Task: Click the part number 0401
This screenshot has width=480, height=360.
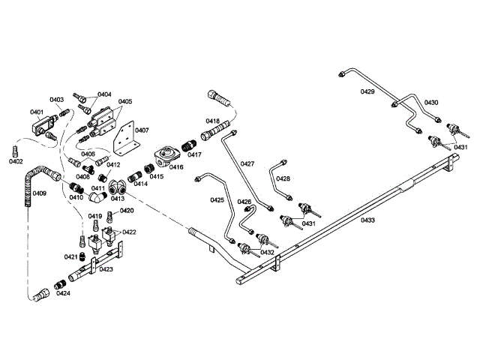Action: click(37, 112)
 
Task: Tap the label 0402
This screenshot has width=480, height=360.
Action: click(16, 161)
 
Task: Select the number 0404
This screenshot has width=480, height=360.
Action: click(104, 94)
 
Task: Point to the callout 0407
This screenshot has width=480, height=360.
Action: click(142, 130)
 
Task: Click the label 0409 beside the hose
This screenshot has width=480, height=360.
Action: click(39, 193)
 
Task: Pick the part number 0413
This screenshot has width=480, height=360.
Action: click(118, 199)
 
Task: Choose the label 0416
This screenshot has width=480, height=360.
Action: click(175, 167)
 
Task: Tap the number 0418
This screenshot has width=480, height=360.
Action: click(213, 121)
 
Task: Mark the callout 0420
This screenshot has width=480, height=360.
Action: click(127, 211)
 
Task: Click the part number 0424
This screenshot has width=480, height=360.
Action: click(64, 293)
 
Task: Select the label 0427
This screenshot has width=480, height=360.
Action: click(247, 163)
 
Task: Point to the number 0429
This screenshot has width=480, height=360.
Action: click(367, 91)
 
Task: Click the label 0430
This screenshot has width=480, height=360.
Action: click(431, 102)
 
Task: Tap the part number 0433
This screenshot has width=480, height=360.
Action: click(367, 220)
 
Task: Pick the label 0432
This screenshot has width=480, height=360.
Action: click(267, 253)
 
